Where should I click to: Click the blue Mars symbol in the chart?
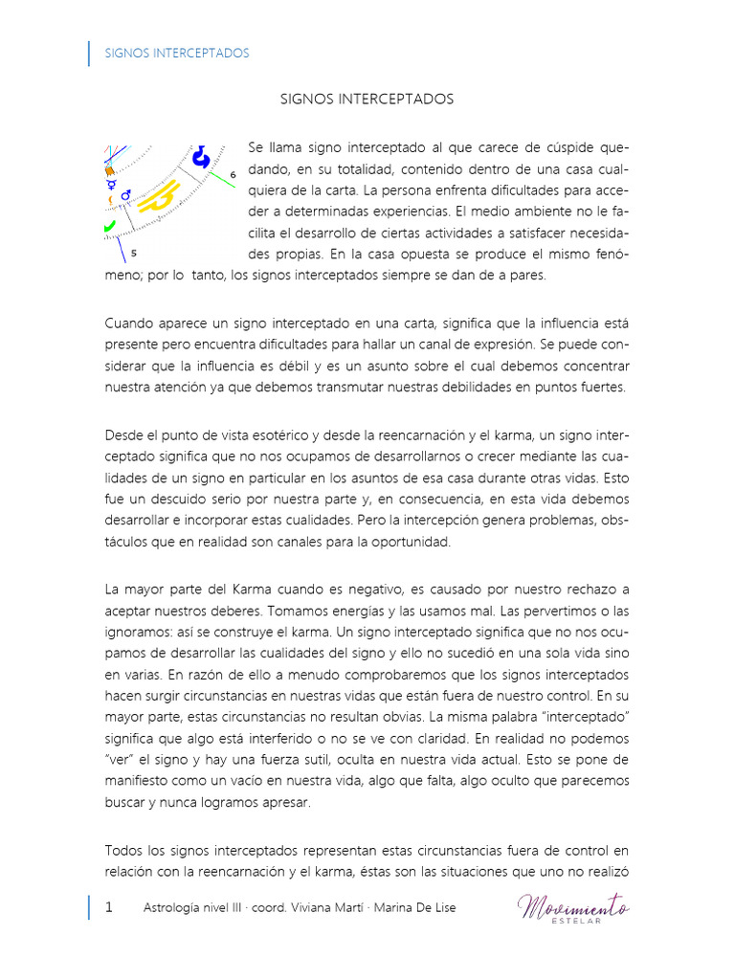point(126,194)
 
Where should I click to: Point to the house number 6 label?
point(233,175)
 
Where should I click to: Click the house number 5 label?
point(133,254)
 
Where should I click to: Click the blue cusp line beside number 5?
point(121,249)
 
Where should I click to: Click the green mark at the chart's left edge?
point(109,227)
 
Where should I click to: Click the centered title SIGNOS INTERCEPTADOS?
point(367,100)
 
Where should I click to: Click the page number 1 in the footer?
point(109,907)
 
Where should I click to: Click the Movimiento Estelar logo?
point(573,906)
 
